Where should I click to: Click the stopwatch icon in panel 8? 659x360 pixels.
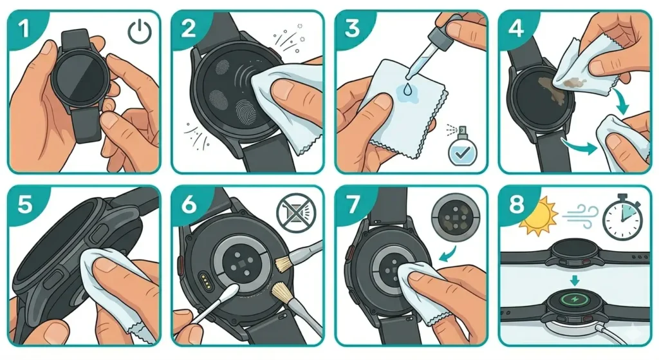[622, 216]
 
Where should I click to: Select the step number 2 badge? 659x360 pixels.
[187, 26]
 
